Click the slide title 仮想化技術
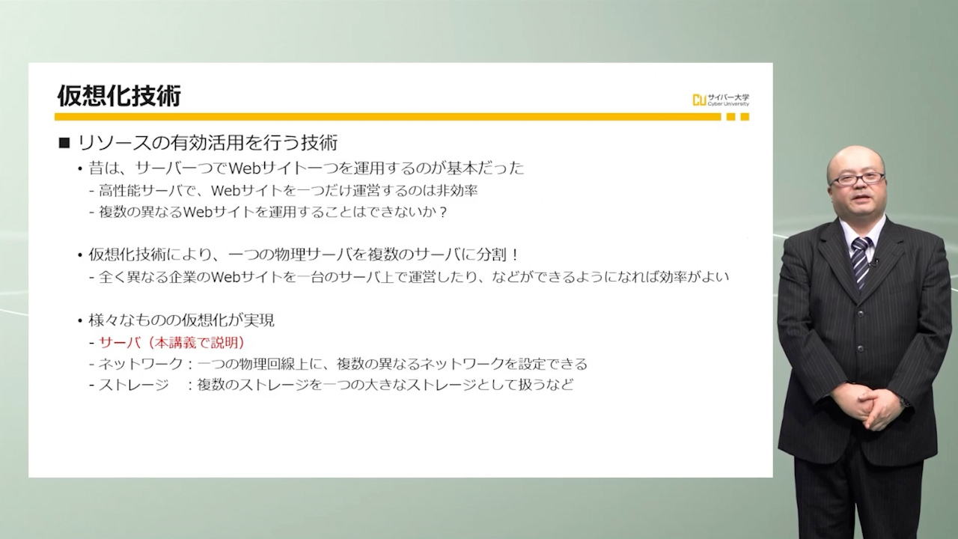point(119,95)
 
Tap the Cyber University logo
point(721,100)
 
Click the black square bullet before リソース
point(64,143)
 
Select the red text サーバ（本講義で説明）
point(171,342)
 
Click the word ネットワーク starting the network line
point(141,364)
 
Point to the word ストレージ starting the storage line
point(134,385)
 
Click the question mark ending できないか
point(442,212)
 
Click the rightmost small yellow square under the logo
point(745,117)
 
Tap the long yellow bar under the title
point(388,117)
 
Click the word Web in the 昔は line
point(245,168)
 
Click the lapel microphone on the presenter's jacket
point(876,261)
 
